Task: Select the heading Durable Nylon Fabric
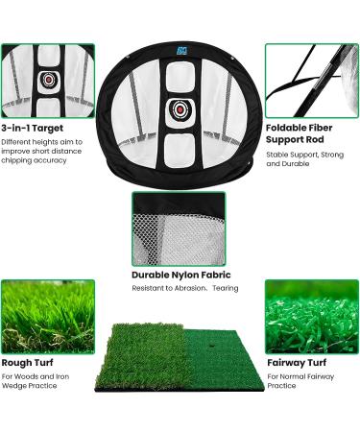coord(180,273)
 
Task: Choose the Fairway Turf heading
coord(297,363)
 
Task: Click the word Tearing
coord(226,288)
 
